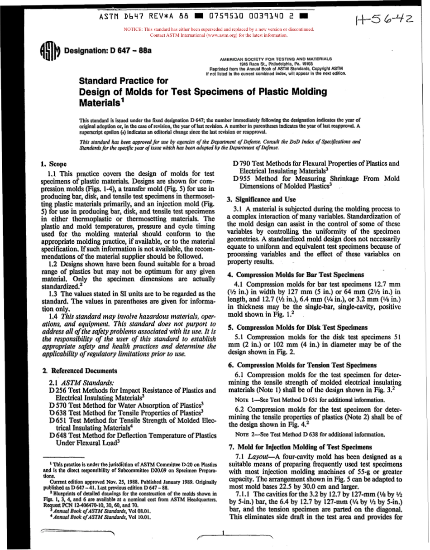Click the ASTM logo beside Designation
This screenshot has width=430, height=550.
click(50, 51)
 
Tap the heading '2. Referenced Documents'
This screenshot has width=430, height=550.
click(80, 370)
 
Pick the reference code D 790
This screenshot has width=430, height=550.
click(242, 164)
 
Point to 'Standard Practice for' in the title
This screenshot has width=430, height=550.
click(123, 82)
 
